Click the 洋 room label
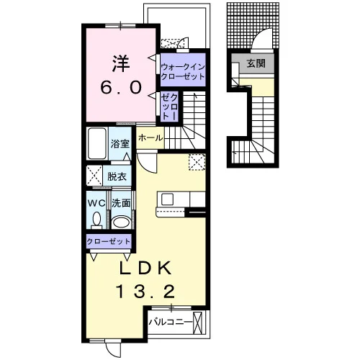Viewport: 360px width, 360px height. [x=121, y=64]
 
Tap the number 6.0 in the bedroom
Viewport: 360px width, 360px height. [x=121, y=88]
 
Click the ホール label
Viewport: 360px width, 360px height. [x=150, y=138]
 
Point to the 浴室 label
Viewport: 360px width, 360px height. [x=120, y=143]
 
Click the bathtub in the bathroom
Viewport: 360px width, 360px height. [x=97, y=143]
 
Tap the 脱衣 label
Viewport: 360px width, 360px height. [x=117, y=177]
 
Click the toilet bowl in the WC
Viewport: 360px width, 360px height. [x=96, y=220]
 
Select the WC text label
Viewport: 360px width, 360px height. [x=96, y=204]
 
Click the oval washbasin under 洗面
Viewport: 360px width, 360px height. [x=122, y=222]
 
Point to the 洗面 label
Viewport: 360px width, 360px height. [x=121, y=203]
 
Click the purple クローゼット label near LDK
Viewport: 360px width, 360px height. [x=109, y=241]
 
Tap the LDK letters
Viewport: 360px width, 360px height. [x=145, y=268]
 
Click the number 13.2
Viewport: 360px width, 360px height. [x=145, y=291]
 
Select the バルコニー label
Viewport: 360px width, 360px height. [x=171, y=322]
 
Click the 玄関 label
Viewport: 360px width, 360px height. [x=256, y=63]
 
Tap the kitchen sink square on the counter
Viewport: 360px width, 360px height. [x=167, y=199]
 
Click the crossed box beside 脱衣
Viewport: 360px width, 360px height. [x=94, y=175]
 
